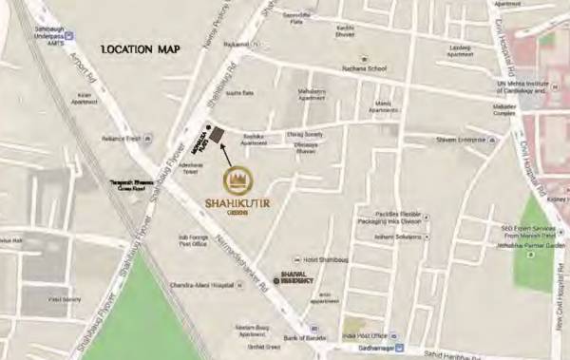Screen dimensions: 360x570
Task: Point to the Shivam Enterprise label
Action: click(x=460, y=140)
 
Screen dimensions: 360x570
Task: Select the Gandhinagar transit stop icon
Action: click(x=400, y=348)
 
